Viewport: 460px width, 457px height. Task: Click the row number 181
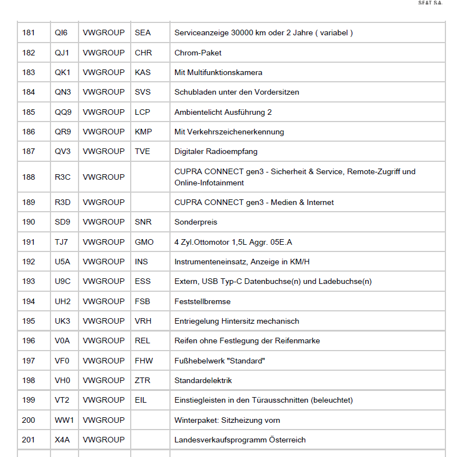[x=29, y=33]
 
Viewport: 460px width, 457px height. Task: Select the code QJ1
[x=62, y=53]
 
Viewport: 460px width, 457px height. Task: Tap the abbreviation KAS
[x=143, y=72]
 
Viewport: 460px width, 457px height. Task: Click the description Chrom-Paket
[x=198, y=53]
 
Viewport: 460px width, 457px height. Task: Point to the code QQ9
[x=63, y=112]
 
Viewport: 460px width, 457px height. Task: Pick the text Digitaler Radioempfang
[x=216, y=151]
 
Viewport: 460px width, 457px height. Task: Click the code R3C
[x=63, y=177]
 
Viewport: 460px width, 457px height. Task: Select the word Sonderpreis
[x=196, y=222]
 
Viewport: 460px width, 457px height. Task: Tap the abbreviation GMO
[x=144, y=242]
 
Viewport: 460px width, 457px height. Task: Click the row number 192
[x=29, y=262]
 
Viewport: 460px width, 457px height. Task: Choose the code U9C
[x=63, y=281]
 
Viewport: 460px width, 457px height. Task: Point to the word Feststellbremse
[x=203, y=301]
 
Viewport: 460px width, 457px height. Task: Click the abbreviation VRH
[x=144, y=321]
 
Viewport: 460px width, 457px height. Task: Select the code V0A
[x=62, y=341]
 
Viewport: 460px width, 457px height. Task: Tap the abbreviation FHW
[x=144, y=361]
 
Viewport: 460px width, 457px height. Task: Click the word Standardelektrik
[x=203, y=380]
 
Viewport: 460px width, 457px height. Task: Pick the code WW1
[x=65, y=420]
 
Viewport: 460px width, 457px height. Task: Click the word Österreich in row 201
[x=287, y=440]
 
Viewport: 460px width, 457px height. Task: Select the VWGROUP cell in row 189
[x=104, y=202]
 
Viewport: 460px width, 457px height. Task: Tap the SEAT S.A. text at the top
[x=430, y=3]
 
